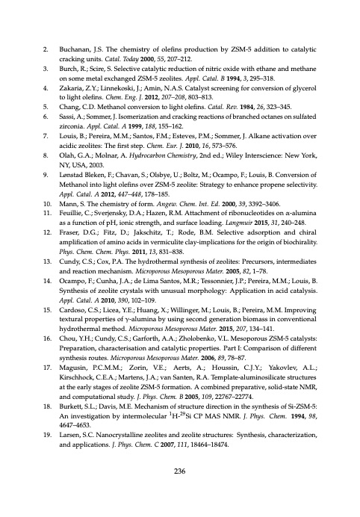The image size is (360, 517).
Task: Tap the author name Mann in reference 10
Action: coord(70,232)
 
